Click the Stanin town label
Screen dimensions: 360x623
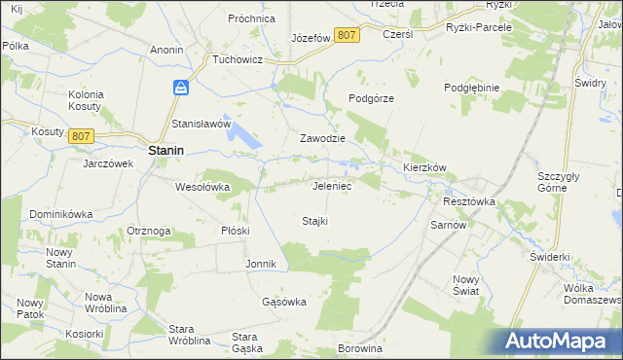167,151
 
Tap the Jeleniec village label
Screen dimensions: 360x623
332,185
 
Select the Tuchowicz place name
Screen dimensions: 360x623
239,58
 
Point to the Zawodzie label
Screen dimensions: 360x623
324,138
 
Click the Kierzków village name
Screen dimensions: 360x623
424,167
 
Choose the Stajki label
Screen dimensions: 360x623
313,221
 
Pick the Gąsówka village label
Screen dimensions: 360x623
284,302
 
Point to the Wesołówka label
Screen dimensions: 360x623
202,186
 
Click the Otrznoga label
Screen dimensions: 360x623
149,231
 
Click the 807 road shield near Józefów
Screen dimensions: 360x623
347,35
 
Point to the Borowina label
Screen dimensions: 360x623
360,346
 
